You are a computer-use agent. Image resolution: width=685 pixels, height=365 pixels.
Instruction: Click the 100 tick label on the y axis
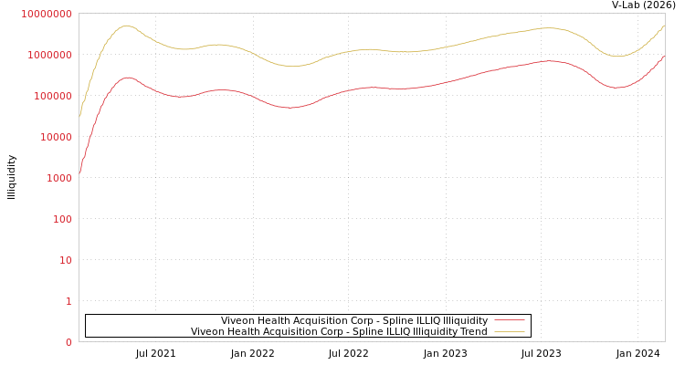(x=62, y=219)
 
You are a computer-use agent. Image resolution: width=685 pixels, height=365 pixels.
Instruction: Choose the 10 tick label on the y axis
(x=66, y=260)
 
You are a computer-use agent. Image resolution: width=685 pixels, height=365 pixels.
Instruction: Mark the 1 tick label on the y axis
(x=68, y=301)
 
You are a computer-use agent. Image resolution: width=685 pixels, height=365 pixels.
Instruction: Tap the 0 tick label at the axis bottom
(x=68, y=342)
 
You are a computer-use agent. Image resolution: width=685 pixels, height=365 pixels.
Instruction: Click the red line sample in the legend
(x=510, y=320)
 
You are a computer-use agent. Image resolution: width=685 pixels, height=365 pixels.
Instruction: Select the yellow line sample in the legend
(x=510, y=331)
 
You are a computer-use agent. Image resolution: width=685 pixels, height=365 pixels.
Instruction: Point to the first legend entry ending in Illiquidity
(x=354, y=320)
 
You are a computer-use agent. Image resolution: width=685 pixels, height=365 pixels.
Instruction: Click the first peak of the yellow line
(x=126, y=26)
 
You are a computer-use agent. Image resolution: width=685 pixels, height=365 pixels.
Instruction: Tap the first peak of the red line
(x=127, y=78)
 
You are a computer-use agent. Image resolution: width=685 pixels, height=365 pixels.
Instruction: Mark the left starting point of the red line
(x=79, y=172)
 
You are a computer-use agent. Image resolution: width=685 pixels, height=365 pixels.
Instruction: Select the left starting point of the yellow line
(x=79, y=116)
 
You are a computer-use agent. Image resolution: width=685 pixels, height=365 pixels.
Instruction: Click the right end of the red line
(x=664, y=57)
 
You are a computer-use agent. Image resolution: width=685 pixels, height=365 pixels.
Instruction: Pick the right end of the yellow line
(x=664, y=26)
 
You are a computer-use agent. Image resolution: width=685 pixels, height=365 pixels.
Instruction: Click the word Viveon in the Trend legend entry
(x=207, y=331)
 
